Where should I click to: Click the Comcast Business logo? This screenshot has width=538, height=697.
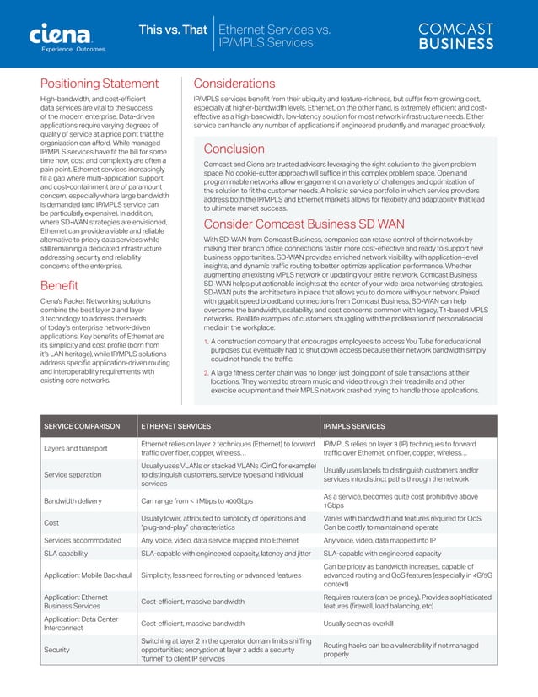coord(456,35)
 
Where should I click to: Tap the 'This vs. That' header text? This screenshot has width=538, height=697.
coord(172,30)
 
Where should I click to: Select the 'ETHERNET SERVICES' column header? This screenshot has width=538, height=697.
coord(175,426)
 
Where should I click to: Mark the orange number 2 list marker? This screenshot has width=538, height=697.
coord(207,372)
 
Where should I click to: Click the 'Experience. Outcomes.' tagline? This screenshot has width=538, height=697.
coord(74,50)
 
